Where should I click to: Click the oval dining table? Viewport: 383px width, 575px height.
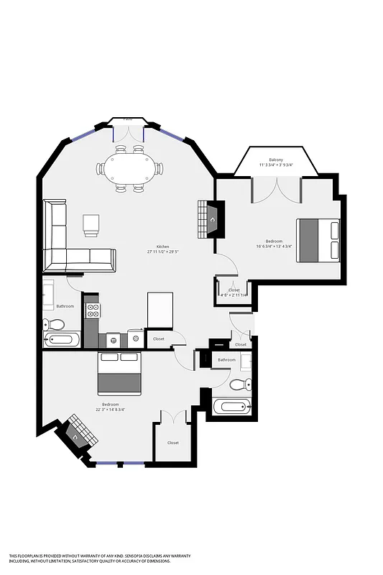130,168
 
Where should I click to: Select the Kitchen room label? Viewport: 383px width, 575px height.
158,247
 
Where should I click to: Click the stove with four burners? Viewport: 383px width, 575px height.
93,310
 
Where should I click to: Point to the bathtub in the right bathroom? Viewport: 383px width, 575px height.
231,407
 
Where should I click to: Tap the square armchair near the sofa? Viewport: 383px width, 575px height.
91,224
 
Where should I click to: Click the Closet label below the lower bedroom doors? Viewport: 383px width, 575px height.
173,443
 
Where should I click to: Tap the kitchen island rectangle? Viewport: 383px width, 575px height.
161,309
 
